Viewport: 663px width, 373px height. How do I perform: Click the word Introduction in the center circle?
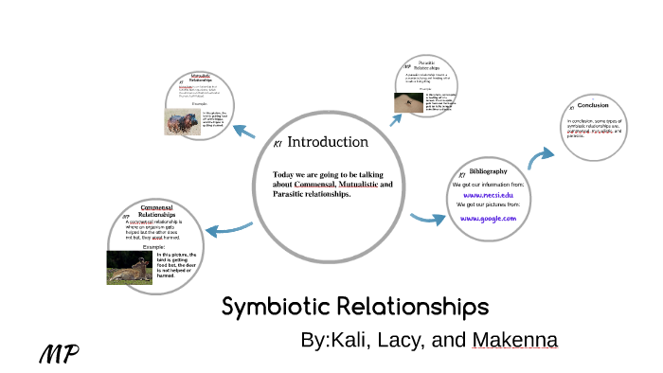click(x=327, y=142)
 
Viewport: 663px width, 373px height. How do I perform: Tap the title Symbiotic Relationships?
click(x=355, y=308)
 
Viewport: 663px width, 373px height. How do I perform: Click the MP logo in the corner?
click(x=58, y=355)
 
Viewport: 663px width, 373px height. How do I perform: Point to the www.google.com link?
click(x=489, y=218)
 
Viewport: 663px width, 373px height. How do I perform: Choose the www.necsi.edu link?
click(x=489, y=193)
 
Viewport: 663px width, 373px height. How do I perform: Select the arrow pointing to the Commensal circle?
click(x=229, y=227)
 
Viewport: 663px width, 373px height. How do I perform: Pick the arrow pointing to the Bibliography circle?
click(x=428, y=219)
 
